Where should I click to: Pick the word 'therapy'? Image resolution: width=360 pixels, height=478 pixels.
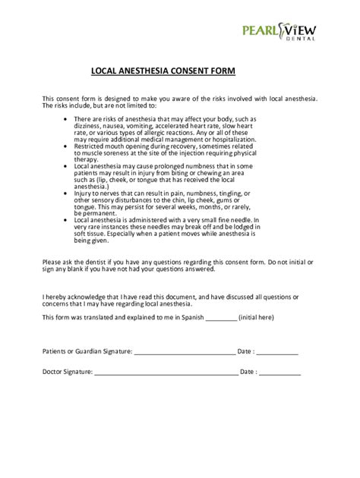click(x=86, y=160)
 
